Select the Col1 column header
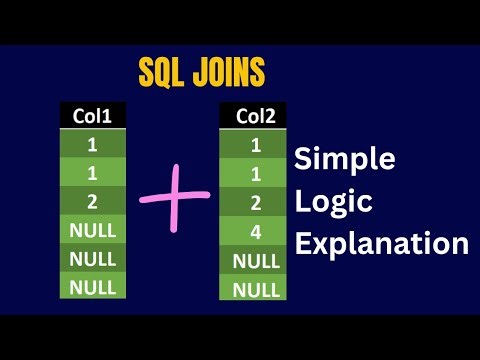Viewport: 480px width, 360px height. coord(92,116)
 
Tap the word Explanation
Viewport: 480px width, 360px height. coord(380,243)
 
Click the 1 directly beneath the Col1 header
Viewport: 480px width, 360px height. coord(92,145)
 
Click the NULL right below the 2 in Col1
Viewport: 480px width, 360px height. coord(92,231)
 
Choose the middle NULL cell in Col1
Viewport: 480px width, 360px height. coord(92,259)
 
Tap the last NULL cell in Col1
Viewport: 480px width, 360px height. coord(92,287)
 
